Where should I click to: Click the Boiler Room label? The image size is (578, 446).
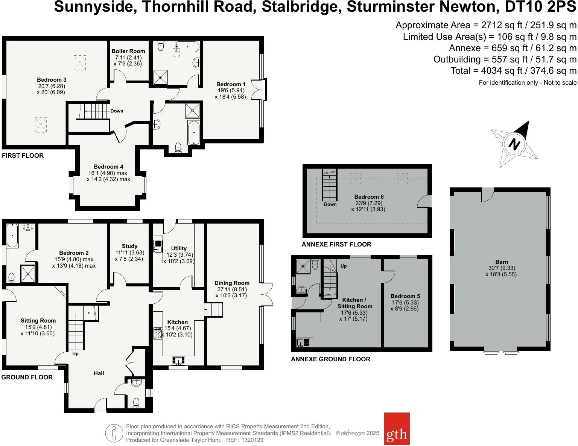click(128, 51)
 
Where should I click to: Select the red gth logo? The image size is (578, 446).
click(397, 429)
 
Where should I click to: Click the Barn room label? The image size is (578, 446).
click(501, 262)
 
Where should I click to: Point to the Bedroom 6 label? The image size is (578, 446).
click(369, 197)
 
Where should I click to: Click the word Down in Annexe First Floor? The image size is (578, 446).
click(330, 204)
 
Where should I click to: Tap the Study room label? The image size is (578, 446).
click(129, 246)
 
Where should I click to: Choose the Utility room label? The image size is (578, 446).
click(179, 248)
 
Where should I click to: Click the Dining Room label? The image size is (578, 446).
click(232, 283)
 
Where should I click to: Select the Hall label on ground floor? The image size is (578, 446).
click(99, 373)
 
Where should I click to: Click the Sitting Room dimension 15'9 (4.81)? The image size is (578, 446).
click(38, 327)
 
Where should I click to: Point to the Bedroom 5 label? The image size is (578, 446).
click(405, 296)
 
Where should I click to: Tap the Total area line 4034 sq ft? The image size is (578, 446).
click(513, 71)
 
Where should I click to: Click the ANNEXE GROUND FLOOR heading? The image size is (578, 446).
click(330, 359)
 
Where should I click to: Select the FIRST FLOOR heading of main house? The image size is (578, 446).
click(23, 155)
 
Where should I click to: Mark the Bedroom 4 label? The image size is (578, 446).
click(108, 167)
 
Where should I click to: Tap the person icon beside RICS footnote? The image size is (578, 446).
click(114, 433)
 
